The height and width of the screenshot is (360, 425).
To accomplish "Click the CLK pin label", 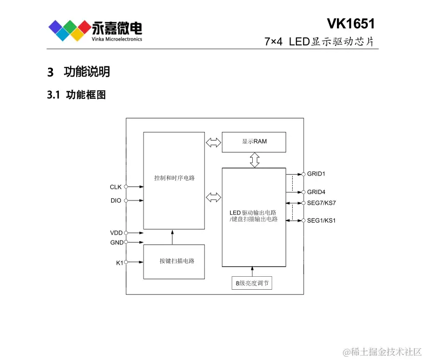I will pyautogui.click(x=116, y=187).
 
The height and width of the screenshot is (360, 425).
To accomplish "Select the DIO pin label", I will pyautogui.click(x=116, y=201).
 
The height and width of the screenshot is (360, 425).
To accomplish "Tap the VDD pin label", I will pyautogui.click(x=116, y=233).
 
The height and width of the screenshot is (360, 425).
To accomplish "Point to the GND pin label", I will pyautogui.click(x=116, y=243).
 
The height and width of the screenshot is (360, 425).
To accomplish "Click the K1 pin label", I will pyautogui.click(x=119, y=262).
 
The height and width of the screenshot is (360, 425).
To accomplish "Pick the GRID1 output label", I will pyautogui.click(x=316, y=174).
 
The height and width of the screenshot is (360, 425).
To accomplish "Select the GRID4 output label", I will pyautogui.click(x=316, y=192).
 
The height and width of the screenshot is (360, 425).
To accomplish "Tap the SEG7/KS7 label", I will pyautogui.click(x=321, y=203).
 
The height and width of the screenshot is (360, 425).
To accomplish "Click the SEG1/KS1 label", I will pyautogui.click(x=321, y=221).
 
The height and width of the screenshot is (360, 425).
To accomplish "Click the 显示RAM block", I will pyautogui.click(x=254, y=142).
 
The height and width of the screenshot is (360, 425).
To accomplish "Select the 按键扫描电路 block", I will pyautogui.click(x=174, y=261).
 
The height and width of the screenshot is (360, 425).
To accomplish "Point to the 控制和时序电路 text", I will pyautogui.click(x=174, y=178).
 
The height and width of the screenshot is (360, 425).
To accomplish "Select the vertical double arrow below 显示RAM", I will pyautogui.click(x=254, y=160).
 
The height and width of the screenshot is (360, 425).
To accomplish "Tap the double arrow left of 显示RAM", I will pyautogui.click(x=213, y=143).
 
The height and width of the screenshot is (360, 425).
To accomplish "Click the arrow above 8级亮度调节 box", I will pyautogui.click(x=252, y=271).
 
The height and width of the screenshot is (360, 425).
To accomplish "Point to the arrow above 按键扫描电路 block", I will pyautogui.click(x=173, y=237).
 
